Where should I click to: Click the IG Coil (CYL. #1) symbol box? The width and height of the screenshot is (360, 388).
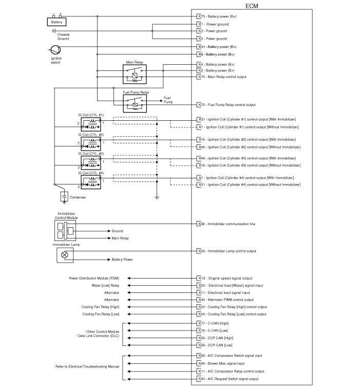click(x=90, y=124)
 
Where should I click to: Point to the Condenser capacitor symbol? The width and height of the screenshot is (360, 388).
click(x=64, y=196)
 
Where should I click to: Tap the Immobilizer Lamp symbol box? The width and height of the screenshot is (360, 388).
click(x=65, y=255)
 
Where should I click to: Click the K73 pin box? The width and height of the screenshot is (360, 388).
click(x=201, y=16)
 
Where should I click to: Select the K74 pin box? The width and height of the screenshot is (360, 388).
click(x=201, y=77)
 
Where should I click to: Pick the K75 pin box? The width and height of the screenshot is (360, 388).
click(x=201, y=105)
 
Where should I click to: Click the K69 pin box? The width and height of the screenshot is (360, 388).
click(x=201, y=224)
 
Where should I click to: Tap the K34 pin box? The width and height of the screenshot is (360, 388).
click(x=201, y=251)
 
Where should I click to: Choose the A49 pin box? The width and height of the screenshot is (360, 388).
click(x=201, y=300)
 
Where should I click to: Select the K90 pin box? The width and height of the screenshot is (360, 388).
click(x=201, y=379)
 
